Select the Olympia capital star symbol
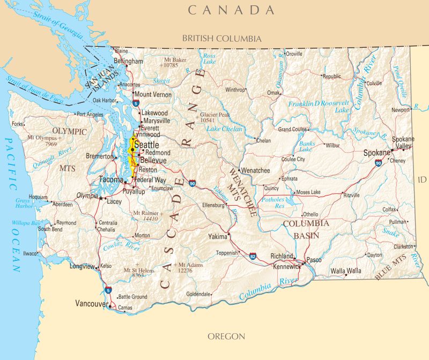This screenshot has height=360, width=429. pyautogui.click(x=101, y=198)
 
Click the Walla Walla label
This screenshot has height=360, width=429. pyautogui.click(x=346, y=271)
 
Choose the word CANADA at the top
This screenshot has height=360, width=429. pyautogui.click(x=231, y=10)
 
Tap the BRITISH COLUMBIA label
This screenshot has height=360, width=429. pyautogui.click(x=221, y=39)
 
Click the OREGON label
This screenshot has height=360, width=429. pyautogui.click(x=226, y=336)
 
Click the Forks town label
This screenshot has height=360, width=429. pyautogui.click(x=18, y=124)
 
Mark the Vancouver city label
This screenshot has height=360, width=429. pyautogui.click(x=91, y=304)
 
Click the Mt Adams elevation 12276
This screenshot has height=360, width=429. pyautogui.click(x=185, y=271)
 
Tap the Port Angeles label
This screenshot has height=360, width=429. pyautogui.click(x=90, y=114)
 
